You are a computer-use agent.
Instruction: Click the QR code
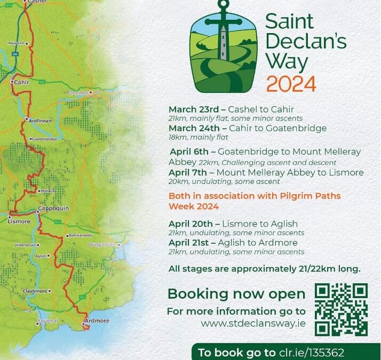341,309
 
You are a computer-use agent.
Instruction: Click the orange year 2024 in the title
291,84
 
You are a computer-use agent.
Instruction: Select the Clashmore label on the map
35,291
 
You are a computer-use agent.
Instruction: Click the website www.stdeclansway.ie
253,323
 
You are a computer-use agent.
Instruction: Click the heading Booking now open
236,294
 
